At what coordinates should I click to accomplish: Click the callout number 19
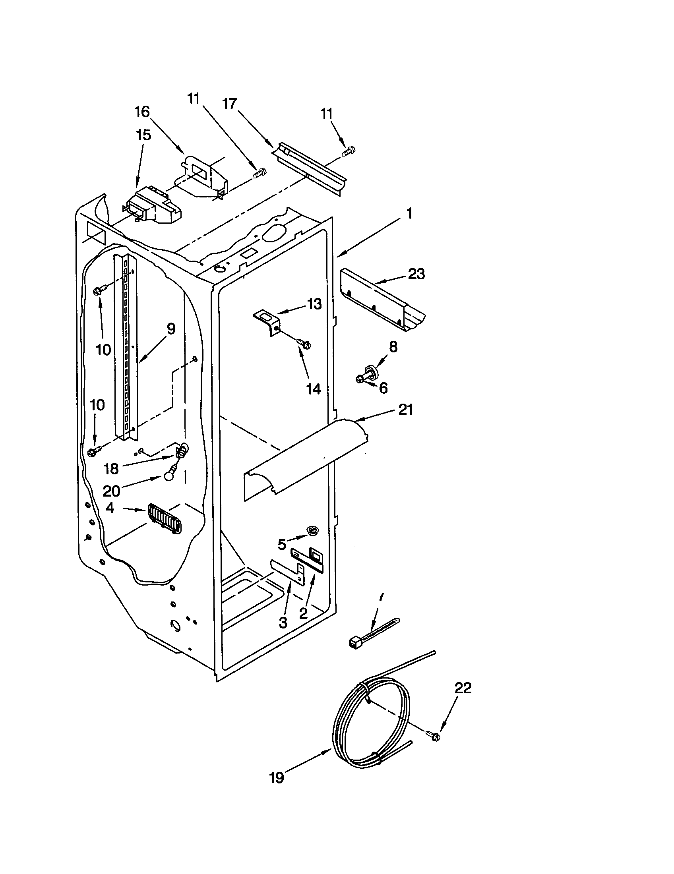pos(277,778)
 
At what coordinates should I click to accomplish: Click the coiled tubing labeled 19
pos(370,724)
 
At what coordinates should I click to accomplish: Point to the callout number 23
pos(416,274)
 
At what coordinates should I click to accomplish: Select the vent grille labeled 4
pos(165,518)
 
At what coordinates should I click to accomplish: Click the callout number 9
pos(170,329)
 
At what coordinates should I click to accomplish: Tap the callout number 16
pos(142,112)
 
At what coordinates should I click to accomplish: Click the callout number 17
pos(230,104)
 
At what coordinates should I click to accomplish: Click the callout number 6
pos(383,388)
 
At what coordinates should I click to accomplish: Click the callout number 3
pos(283,622)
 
